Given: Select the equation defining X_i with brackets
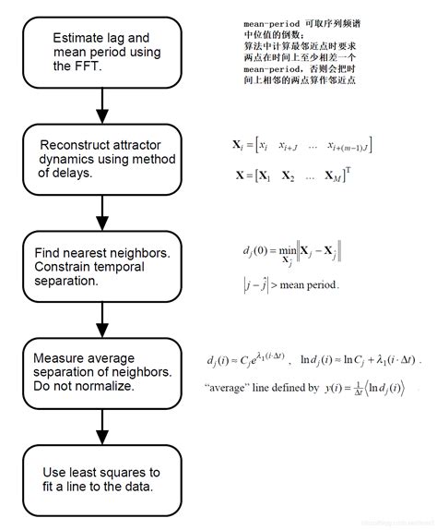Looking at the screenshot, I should pyautogui.click(x=301, y=146).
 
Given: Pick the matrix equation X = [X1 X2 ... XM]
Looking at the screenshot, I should pyautogui.click(x=295, y=174).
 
